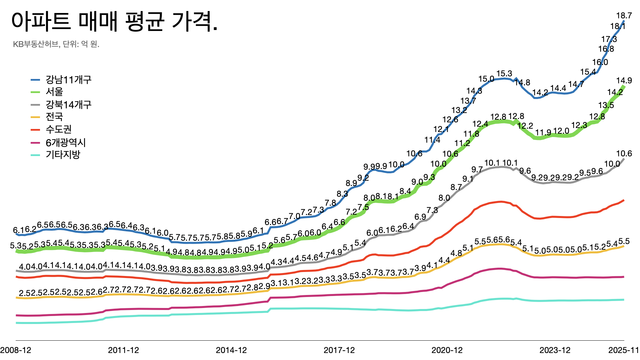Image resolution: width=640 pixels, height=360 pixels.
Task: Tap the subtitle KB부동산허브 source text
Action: (56, 44)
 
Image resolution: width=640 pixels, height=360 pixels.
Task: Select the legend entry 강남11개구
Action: (68, 80)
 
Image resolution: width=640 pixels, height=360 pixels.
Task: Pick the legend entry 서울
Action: (54, 92)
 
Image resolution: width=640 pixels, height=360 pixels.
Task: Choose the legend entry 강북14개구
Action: (68, 105)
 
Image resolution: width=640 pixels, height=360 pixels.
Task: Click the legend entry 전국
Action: (54, 117)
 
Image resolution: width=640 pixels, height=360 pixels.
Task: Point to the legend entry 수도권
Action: (59, 129)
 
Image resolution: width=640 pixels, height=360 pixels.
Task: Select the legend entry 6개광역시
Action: (66, 143)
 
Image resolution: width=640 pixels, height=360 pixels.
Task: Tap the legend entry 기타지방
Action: (63, 155)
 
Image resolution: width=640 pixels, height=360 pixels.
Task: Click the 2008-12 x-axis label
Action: (16, 350)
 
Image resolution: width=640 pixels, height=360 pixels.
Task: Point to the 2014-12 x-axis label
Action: (231, 350)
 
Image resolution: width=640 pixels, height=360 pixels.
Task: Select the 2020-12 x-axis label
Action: (447, 350)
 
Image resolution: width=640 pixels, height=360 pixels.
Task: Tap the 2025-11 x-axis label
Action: (623, 350)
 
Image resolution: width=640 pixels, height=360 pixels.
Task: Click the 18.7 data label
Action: (624, 16)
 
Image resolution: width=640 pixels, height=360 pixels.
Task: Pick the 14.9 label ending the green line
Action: (624, 80)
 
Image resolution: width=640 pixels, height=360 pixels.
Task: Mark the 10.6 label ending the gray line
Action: (624, 154)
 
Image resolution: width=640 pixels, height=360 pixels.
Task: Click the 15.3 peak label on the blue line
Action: (504, 74)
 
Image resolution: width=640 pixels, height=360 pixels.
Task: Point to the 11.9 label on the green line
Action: (543, 133)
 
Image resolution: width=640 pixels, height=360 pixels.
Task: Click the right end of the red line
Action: (623, 200)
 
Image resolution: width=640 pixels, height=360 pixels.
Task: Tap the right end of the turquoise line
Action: (623, 300)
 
